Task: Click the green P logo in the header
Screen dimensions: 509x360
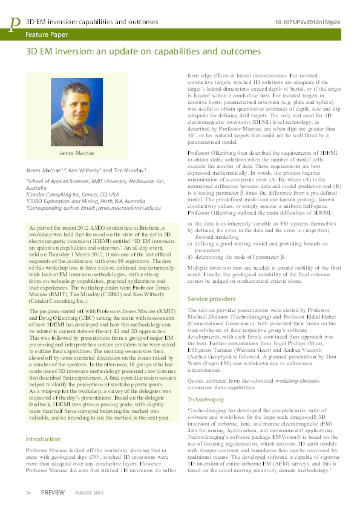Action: coord(14,23)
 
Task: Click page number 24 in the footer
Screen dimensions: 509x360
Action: coord(28,493)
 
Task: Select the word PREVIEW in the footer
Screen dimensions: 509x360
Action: coord(53,493)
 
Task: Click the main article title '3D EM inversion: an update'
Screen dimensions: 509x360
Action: coord(143,52)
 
